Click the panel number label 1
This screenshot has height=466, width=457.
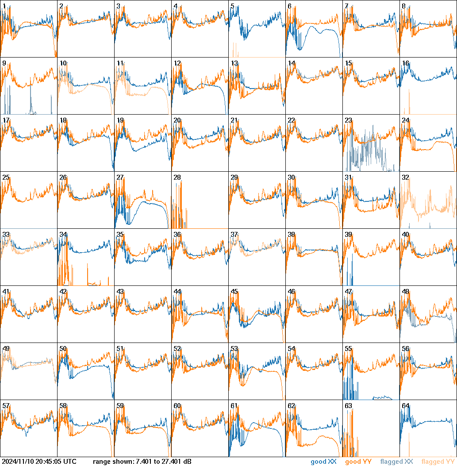tap(4, 6)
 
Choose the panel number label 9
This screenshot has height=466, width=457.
tap(4, 63)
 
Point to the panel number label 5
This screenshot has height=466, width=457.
tap(232, 6)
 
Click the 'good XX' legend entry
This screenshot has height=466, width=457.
tap(324, 462)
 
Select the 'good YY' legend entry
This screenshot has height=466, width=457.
tap(358, 462)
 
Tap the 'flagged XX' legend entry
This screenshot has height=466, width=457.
tap(396, 462)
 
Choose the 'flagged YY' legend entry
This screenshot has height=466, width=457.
tap(438, 462)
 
